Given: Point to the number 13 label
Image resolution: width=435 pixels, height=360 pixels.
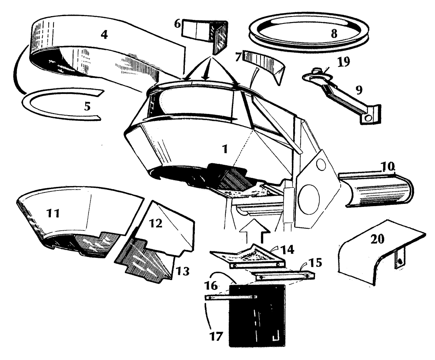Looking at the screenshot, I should click(183, 272).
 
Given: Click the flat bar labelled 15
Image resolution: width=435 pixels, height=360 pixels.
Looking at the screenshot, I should click(285, 275).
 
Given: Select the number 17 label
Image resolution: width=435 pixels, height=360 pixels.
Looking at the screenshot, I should click(217, 336).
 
